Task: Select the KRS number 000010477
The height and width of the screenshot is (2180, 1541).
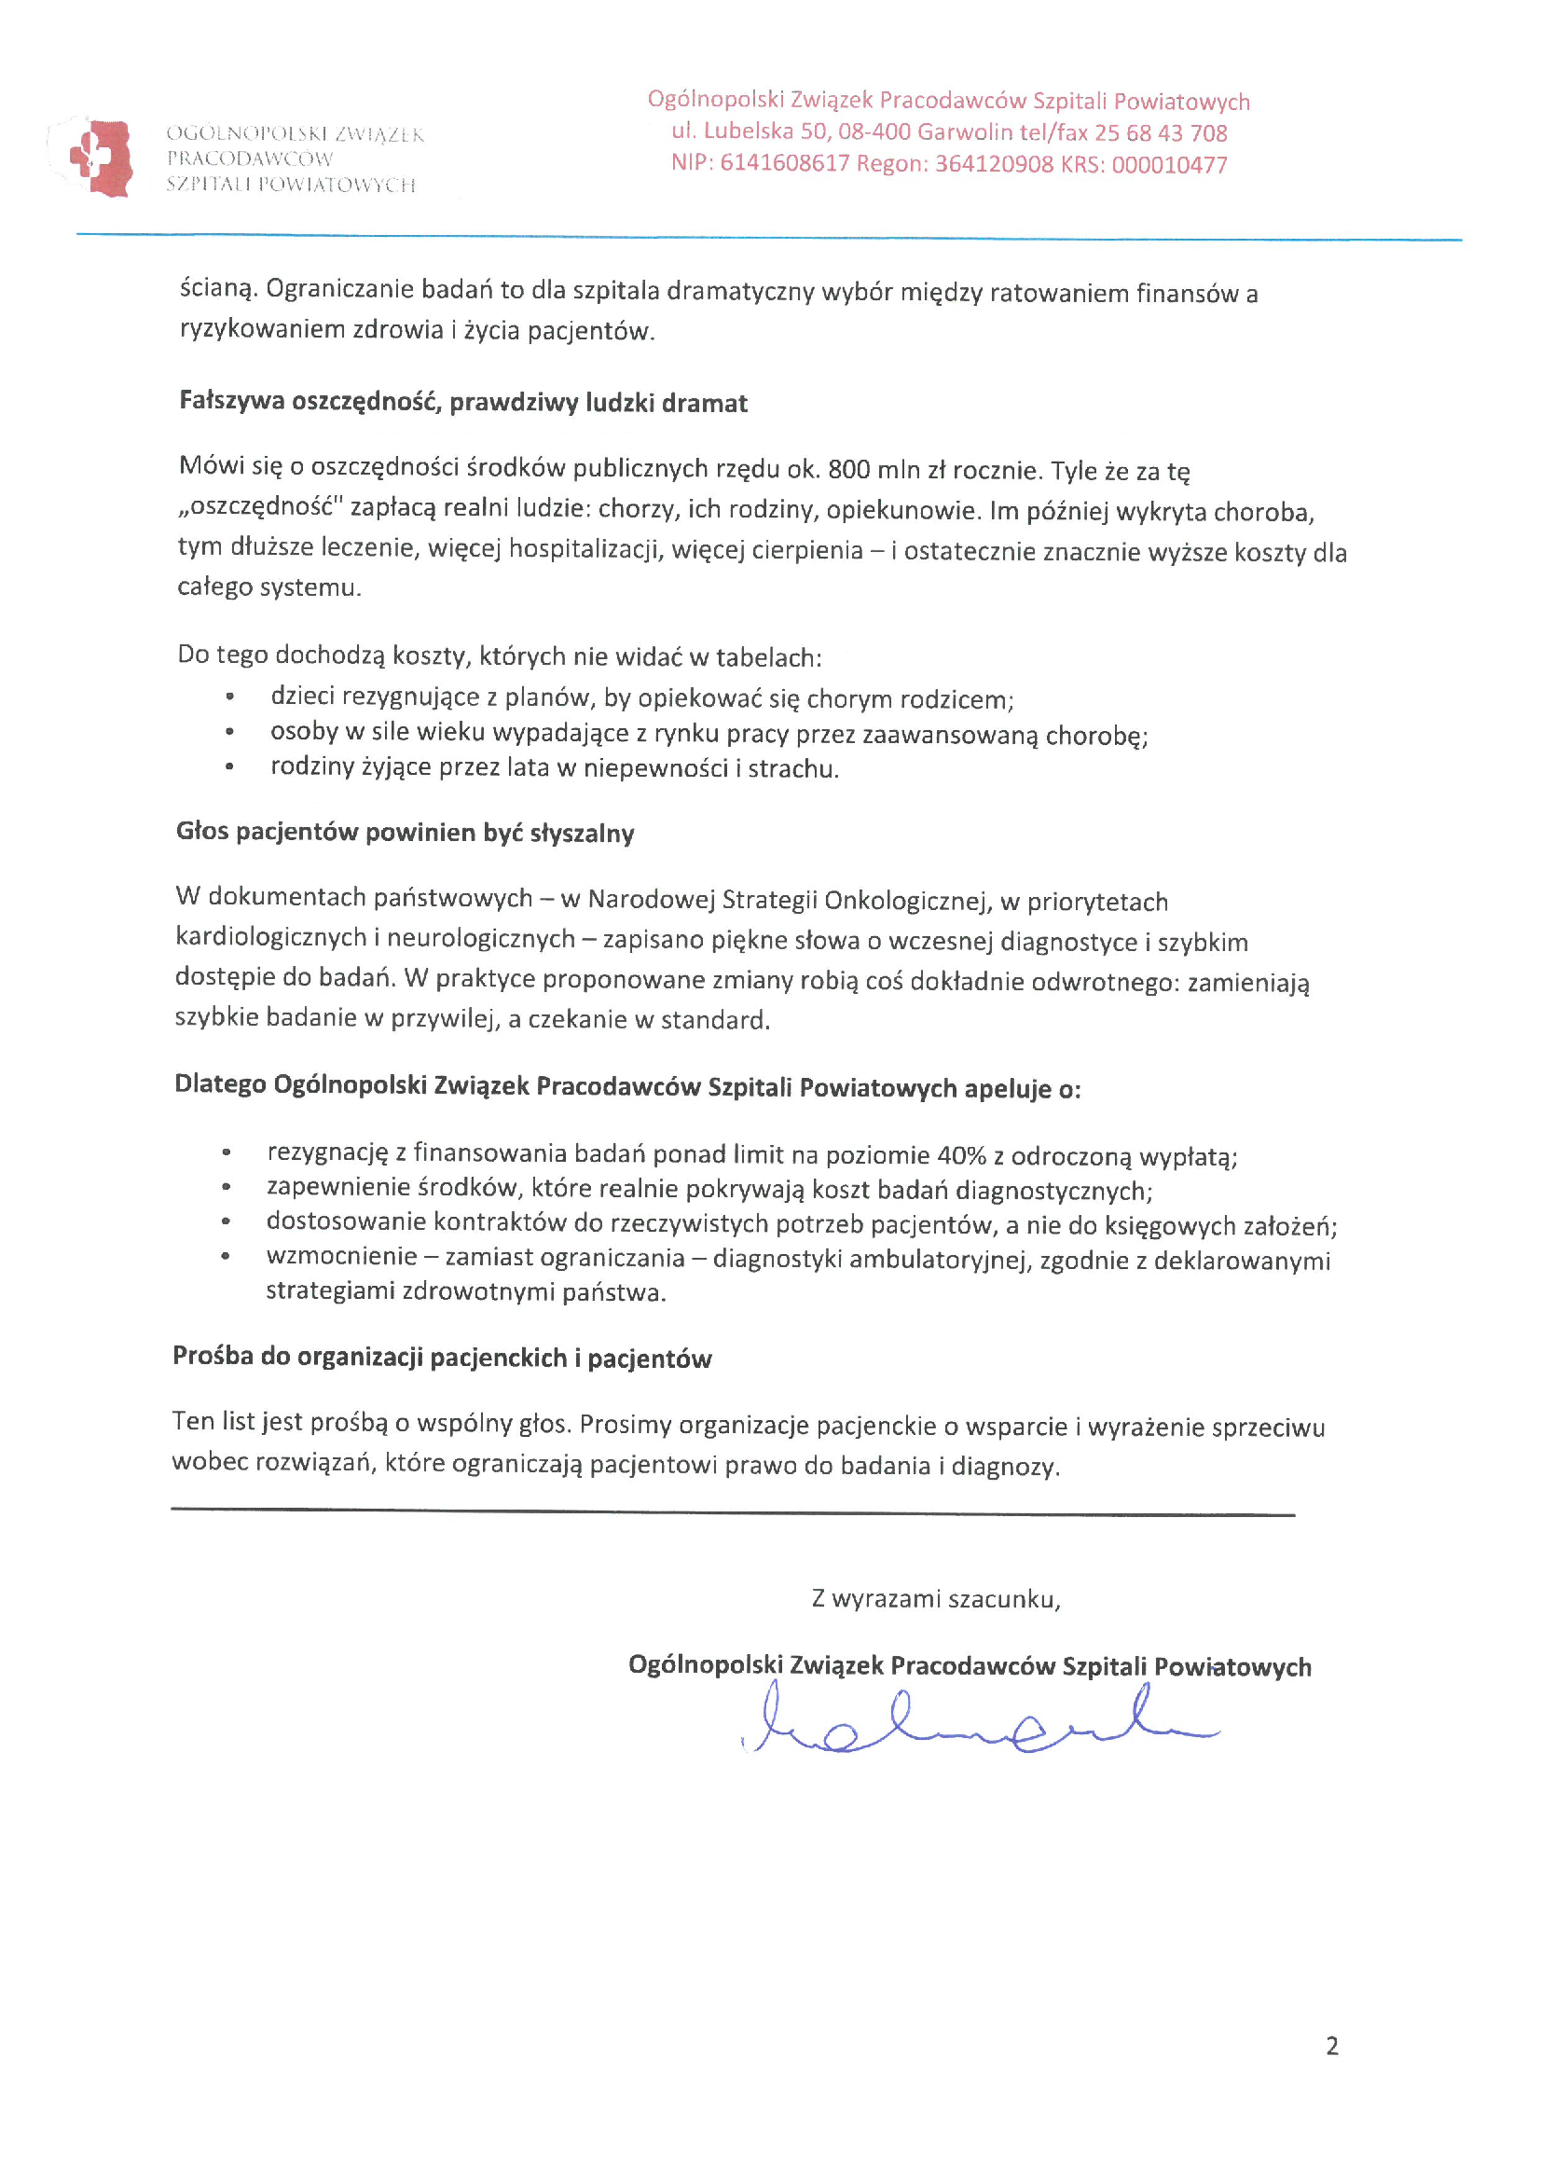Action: [x=1169, y=165]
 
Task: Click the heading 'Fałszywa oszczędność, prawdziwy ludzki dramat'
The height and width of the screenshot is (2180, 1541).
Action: [x=462, y=403]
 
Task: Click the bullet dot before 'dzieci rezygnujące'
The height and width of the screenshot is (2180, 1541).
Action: [x=229, y=697]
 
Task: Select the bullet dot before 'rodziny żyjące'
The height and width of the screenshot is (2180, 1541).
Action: [x=229, y=767]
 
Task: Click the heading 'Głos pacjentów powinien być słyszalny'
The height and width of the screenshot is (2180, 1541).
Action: [x=405, y=833]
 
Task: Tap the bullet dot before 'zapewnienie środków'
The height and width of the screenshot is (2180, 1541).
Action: [x=226, y=1188]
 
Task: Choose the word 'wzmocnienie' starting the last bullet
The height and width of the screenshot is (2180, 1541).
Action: [x=341, y=1257]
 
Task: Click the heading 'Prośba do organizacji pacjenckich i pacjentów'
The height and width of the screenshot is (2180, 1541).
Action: [x=442, y=1358]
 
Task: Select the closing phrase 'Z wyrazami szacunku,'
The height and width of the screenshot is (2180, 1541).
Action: [x=935, y=1599]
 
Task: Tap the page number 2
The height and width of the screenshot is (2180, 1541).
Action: [x=1331, y=2045]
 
